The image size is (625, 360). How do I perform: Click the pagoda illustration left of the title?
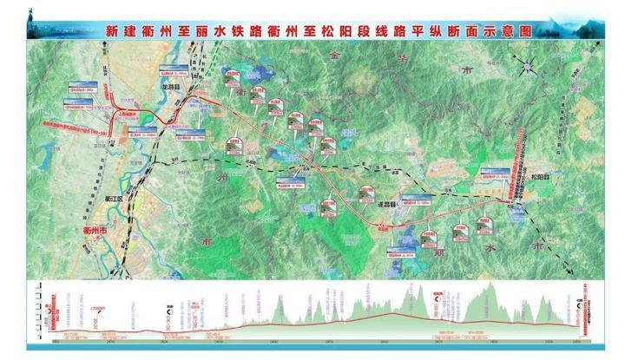point(36,21)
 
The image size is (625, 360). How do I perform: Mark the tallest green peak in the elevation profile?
point(492,288)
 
